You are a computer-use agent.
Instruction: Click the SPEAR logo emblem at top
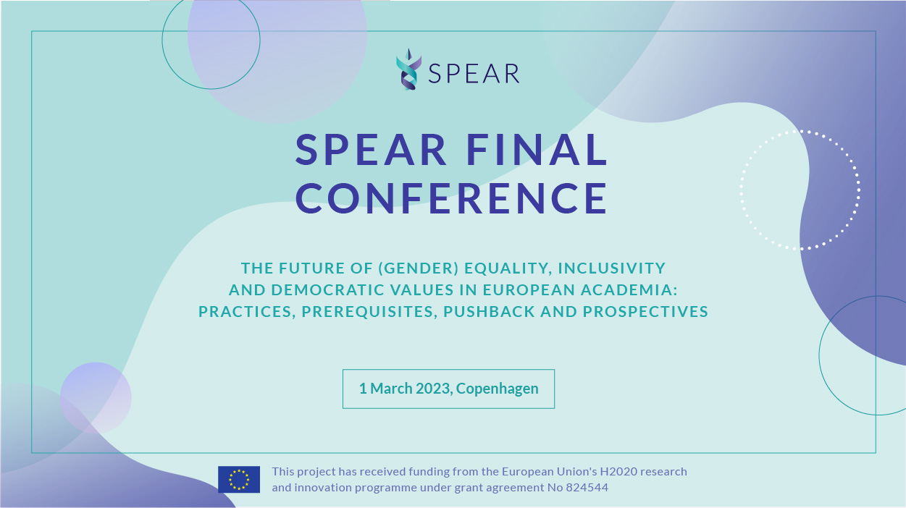click(x=408, y=69)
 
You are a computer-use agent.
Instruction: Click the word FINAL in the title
click(x=537, y=150)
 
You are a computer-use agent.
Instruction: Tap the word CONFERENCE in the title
click(x=451, y=198)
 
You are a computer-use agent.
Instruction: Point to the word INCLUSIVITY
click(x=611, y=268)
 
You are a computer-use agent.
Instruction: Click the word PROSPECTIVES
click(x=645, y=312)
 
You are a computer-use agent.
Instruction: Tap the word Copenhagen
click(x=497, y=389)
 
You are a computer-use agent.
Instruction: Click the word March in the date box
click(x=391, y=389)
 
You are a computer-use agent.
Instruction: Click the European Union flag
click(x=239, y=479)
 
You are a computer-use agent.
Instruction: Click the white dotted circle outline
click(x=741, y=190)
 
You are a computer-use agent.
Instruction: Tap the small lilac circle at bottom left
click(x=96, y=398)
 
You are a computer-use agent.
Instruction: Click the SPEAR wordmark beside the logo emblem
click(x=474, y=74)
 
